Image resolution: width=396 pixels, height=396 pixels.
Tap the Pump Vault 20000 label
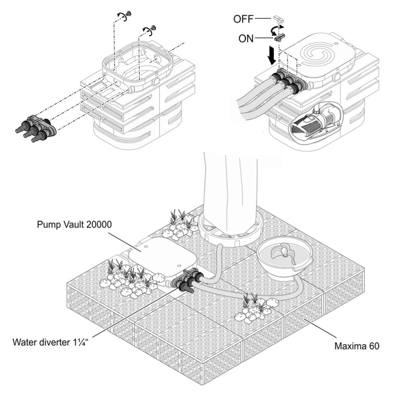(x=74, y=225)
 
